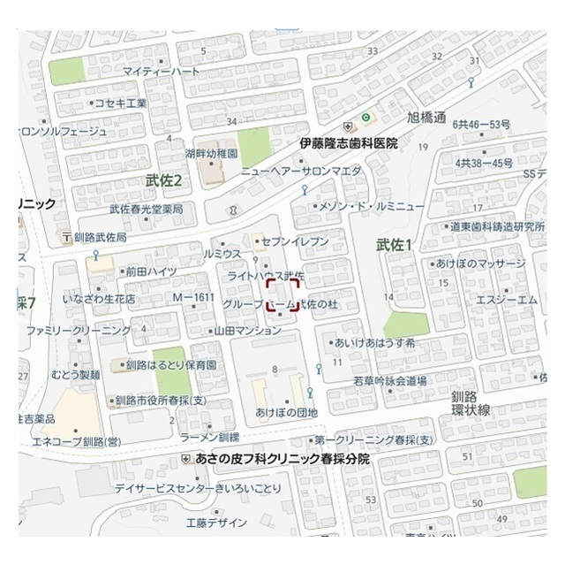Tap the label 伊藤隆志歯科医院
pyautogui.click(x=349, y=142)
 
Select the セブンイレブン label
pyautogui.click(x=297, y=241)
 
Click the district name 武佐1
pyautogui.click(x=395, y=244)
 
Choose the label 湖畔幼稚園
pyautogui.click(x=212, y=153)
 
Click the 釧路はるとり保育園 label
pyautogui.click(x=171, y=364)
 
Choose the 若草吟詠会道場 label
pyautogui.click(x=389, y=381)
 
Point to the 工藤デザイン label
pyautogui.click(x=216, y=523)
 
